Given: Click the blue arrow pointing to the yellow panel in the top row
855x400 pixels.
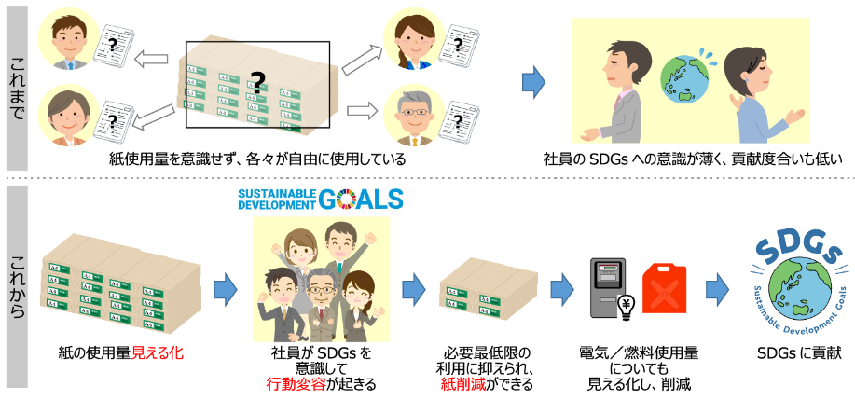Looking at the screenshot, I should click(x=533, y=84).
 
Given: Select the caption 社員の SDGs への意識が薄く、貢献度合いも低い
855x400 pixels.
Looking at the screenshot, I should click(x=692, y=159).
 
